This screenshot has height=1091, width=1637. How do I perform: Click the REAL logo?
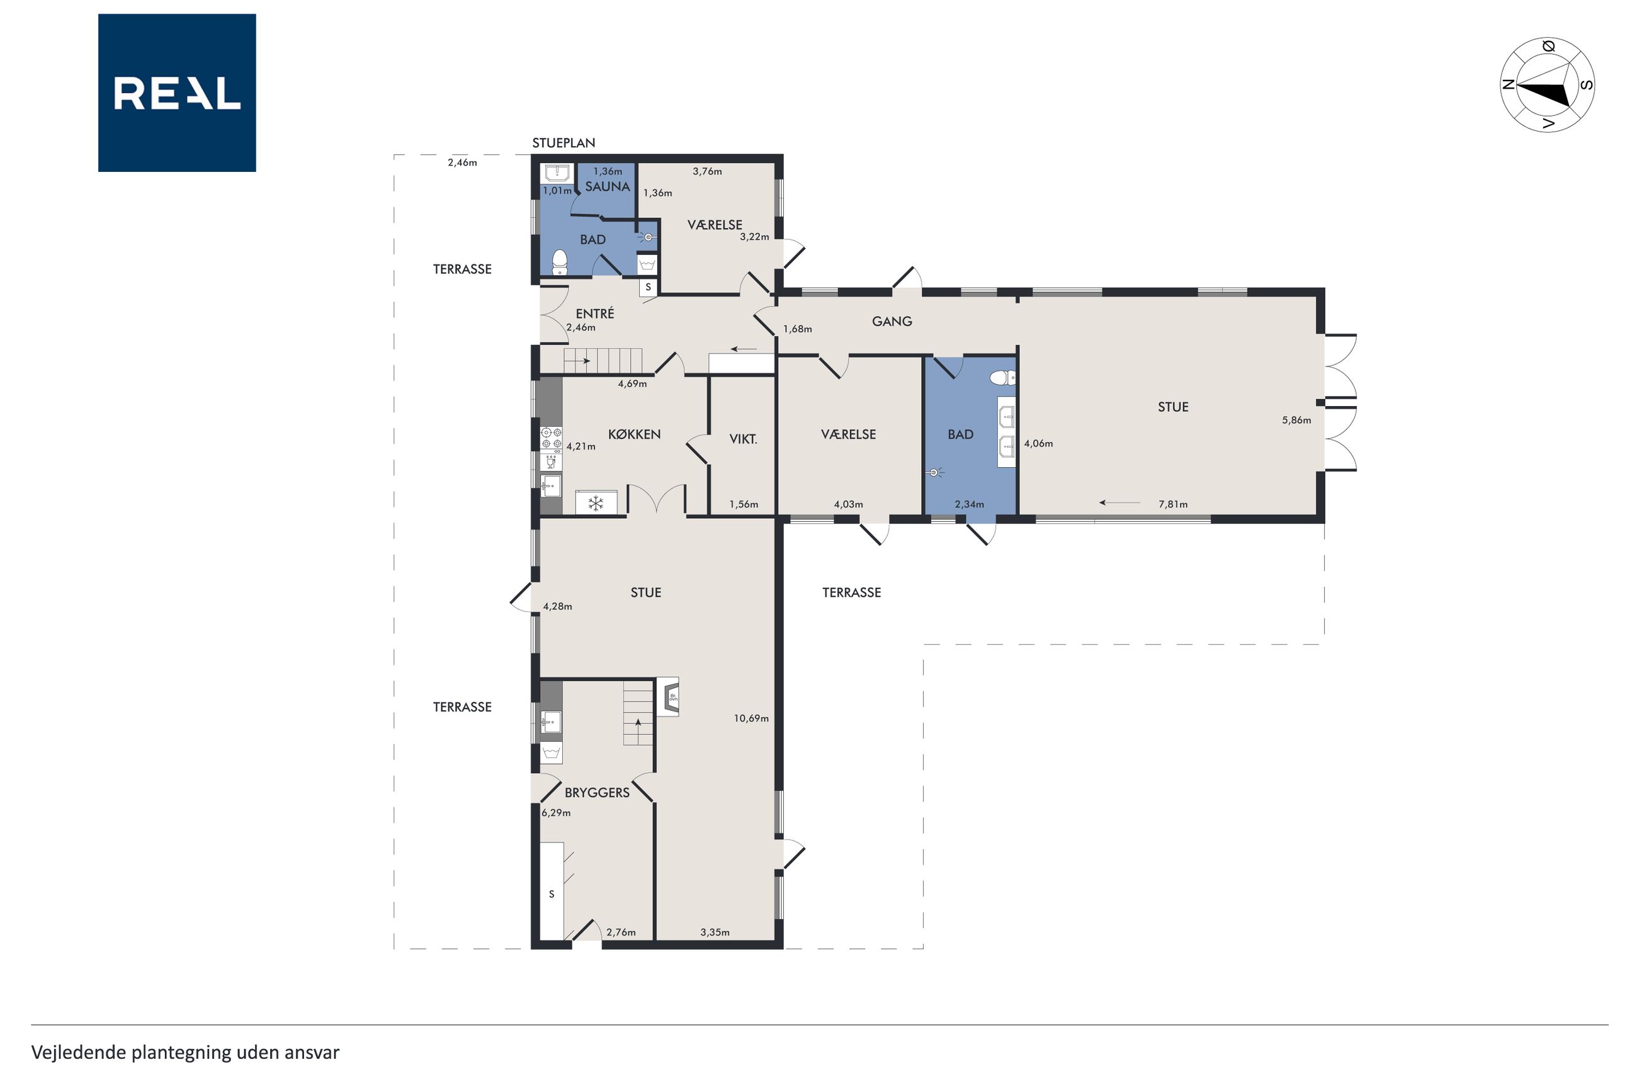tap(177, 93)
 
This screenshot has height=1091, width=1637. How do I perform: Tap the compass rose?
tap(1547, 85)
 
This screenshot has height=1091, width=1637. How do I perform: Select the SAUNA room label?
tap(608, 186)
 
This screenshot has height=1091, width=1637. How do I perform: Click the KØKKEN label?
tap(634, 434)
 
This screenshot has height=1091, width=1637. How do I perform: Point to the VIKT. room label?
tap(743, 439)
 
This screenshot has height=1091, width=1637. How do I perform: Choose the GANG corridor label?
tap(892, 322)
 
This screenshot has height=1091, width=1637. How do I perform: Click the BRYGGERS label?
tap(597, 793)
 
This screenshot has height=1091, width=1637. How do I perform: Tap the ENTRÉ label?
tap(595, 314)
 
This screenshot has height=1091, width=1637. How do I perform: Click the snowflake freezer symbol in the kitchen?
tap(596, 503)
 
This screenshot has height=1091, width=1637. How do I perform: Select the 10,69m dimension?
tap(751, 719)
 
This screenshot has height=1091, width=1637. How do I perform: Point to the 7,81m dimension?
tap(1173, 504)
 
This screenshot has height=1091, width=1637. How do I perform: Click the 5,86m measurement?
tap(1296, 421)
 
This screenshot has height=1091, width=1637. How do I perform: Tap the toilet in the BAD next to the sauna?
tap(559, 263)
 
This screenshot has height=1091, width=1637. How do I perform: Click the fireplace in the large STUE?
tap(668, 696)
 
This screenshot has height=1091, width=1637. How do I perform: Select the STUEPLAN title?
tap(564, 144)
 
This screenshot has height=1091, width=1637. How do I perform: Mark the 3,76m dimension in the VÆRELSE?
tap(707, 171)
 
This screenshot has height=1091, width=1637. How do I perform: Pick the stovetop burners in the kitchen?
tap(552, 438)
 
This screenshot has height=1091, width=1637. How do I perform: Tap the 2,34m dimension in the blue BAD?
tap(969, 504)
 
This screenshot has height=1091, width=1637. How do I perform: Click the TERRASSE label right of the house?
tap(851, 593)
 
